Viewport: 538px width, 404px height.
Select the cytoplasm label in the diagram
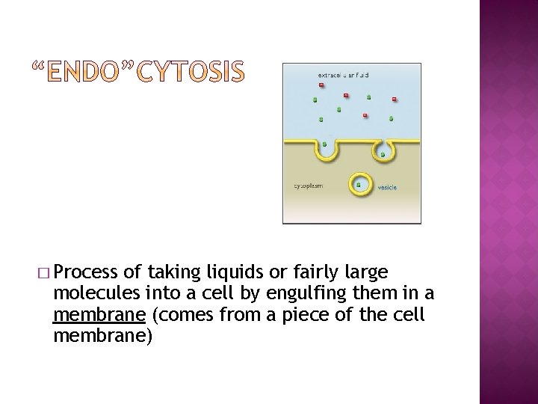click(307, 186)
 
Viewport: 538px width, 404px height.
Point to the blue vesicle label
click(388, 187)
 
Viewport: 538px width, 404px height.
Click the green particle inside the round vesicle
click(359, 183)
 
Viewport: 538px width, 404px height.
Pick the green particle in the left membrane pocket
click(324, 144)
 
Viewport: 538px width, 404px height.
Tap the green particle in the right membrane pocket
click(383, 155)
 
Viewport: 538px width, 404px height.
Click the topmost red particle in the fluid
click(321, 85)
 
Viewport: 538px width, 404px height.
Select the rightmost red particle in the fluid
click(394, 99)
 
